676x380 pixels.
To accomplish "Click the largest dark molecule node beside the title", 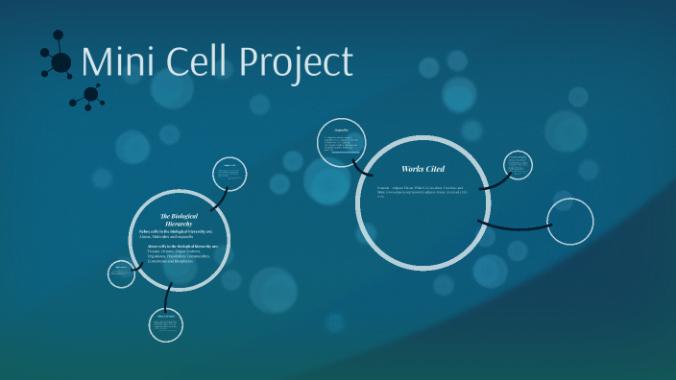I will pos(60,63).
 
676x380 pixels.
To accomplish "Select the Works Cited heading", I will pos(422,169).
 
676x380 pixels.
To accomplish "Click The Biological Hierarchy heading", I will pos(176,220).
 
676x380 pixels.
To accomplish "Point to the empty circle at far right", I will pos(569,222).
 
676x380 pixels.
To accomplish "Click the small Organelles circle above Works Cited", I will pos(341,143).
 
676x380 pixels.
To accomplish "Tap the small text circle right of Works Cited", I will pos(517,165).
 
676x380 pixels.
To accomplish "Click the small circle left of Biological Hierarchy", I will pos(121,273).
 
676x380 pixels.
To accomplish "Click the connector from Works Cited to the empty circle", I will pos(514,226).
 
